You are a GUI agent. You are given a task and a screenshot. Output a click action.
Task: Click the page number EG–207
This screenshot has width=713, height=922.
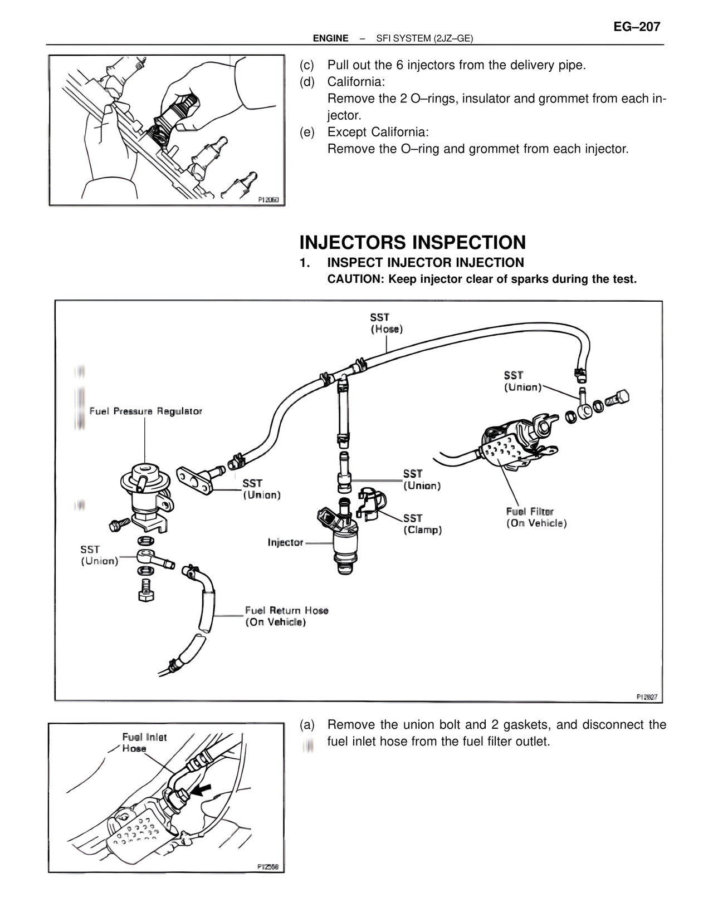(x=637, y=27)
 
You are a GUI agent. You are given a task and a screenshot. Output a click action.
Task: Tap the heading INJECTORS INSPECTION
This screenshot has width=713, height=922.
(x=412, y=243)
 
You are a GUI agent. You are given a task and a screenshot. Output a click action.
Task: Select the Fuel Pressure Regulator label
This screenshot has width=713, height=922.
(x=146, y=411)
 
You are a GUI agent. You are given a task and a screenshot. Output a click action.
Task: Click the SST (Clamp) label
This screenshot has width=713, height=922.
(x=422, y=524)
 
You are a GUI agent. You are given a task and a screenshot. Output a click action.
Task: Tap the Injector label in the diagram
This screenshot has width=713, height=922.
(x=285, y=542)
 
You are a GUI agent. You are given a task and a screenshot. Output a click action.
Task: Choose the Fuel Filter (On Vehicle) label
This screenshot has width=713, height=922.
(x=536, y=517)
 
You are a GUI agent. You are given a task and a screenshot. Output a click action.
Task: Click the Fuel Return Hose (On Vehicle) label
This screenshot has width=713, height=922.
(x=286, y=616)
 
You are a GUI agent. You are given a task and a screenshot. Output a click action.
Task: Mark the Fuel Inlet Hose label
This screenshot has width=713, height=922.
(x=144, y=743)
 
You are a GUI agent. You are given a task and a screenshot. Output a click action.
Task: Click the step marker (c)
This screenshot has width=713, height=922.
(x=306, y=66)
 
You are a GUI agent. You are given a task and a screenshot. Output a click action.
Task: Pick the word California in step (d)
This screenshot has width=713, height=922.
(x=356, y=82)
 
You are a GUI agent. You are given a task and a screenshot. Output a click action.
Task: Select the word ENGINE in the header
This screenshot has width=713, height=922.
(x=330, y=38)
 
